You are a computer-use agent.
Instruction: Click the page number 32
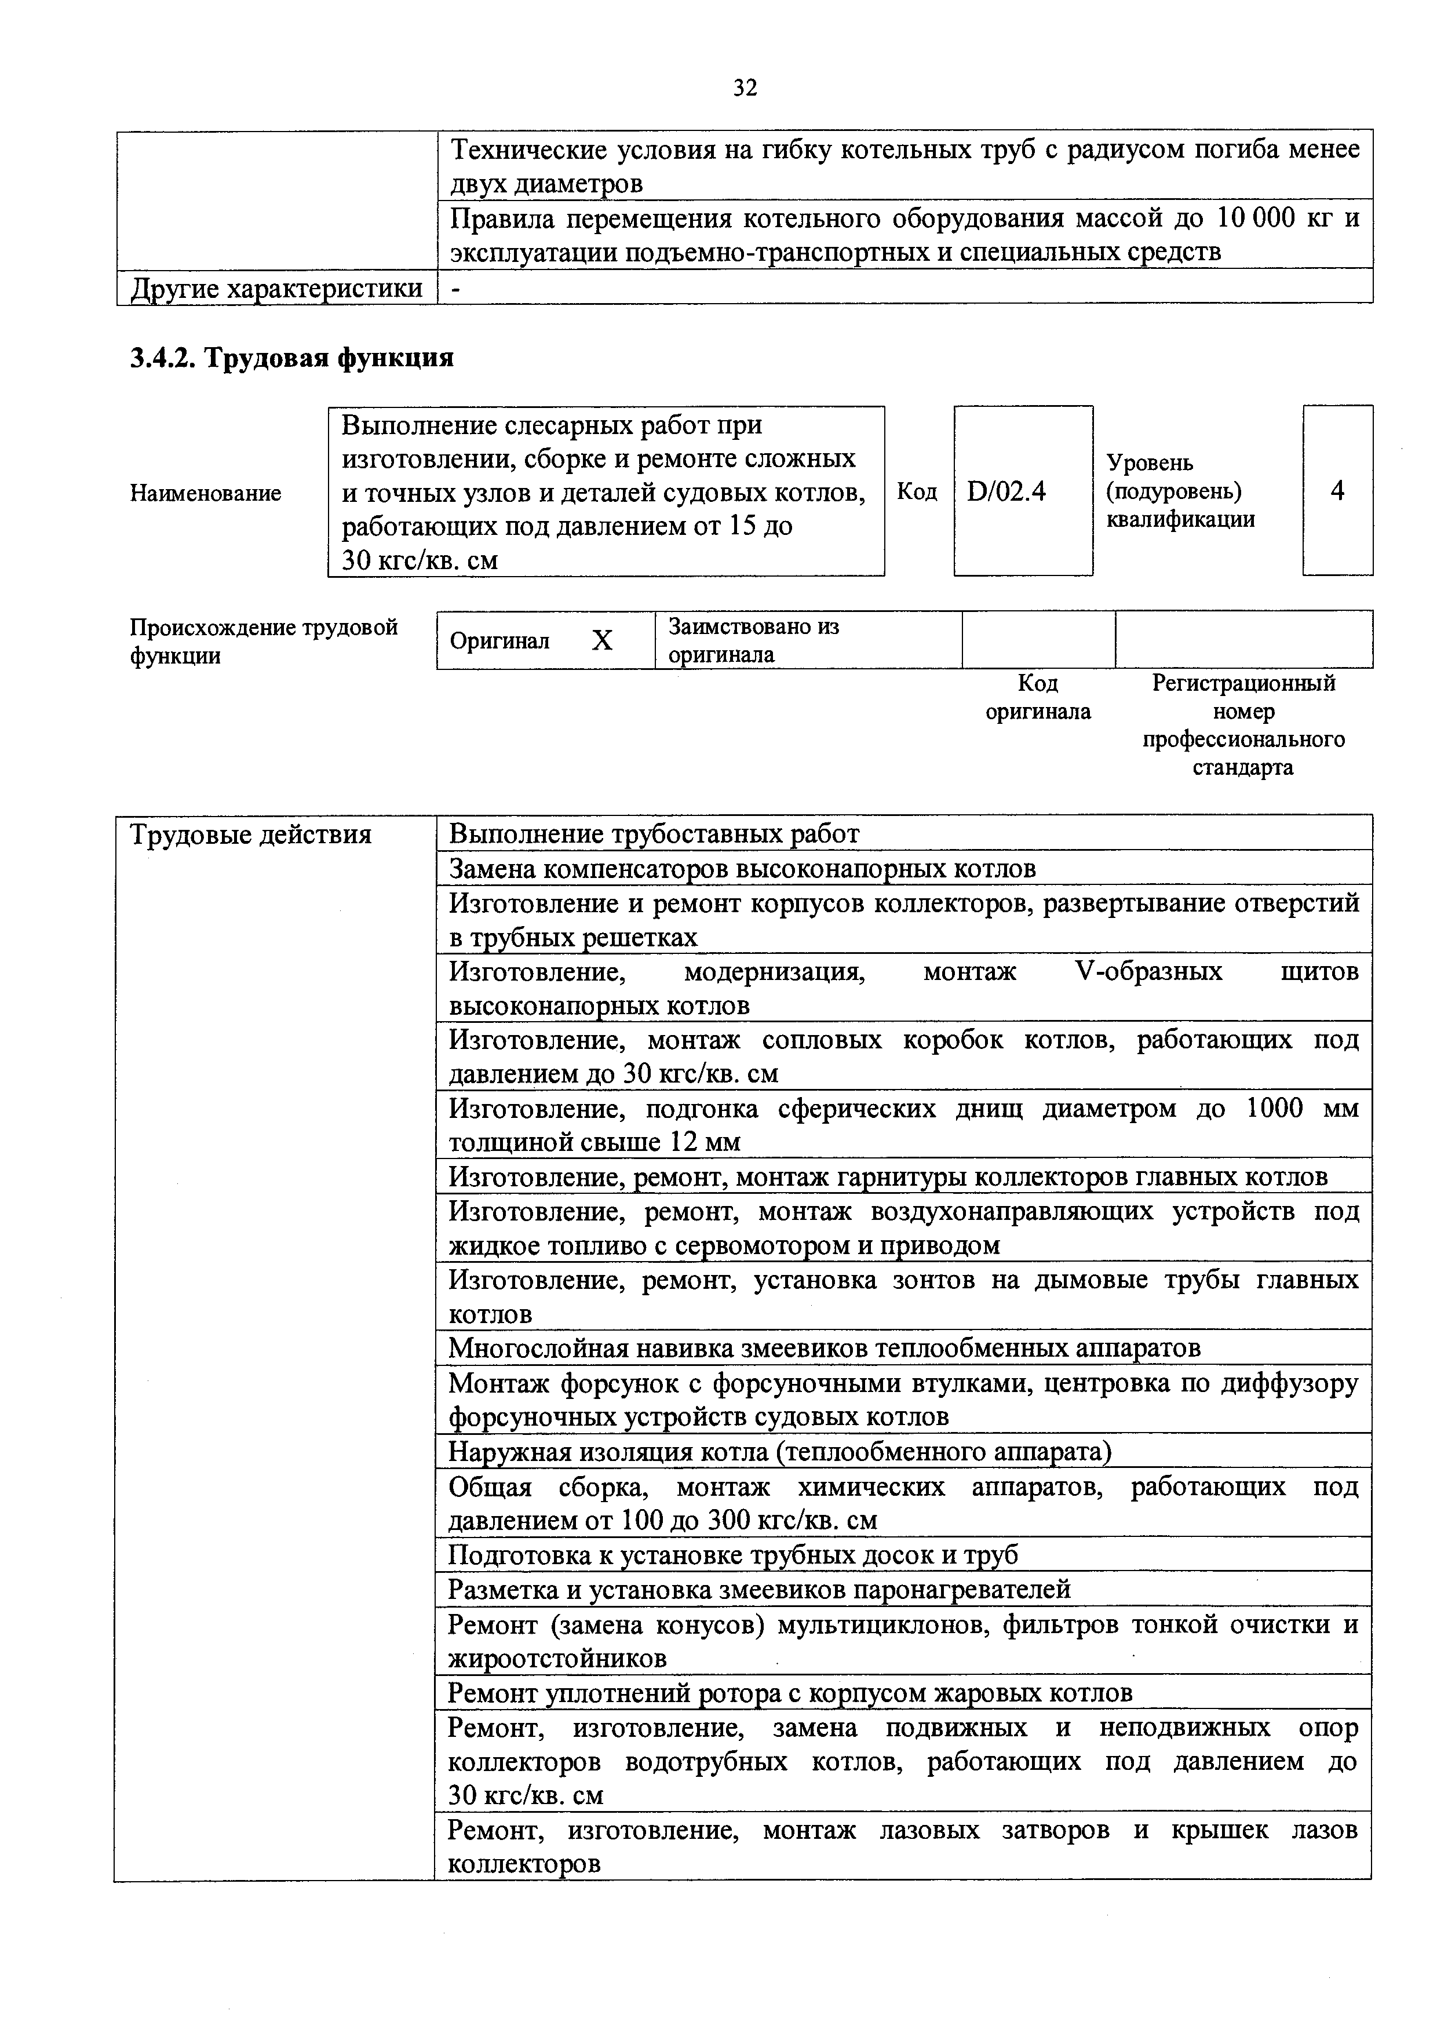[745, 88]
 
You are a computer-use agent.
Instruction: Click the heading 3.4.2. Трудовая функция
[291, 358]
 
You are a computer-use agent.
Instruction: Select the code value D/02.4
[1006, 490]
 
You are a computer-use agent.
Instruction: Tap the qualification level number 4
[1337, 490]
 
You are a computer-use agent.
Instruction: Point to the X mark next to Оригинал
[602, 640]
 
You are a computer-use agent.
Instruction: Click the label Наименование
[206, 493]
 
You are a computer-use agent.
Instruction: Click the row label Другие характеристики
[276, 289]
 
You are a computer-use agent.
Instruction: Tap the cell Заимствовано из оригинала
[753, 640]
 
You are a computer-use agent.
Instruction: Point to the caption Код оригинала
[1038, 697]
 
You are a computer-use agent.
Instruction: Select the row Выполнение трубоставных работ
[654, 834]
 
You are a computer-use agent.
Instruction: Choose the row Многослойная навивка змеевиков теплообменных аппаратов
[825, 1347]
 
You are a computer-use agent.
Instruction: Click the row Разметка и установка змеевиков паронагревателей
[759, 1590]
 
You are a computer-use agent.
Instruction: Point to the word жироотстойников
[558, 1657]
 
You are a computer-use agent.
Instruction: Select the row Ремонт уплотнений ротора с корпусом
[790, 1693]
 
